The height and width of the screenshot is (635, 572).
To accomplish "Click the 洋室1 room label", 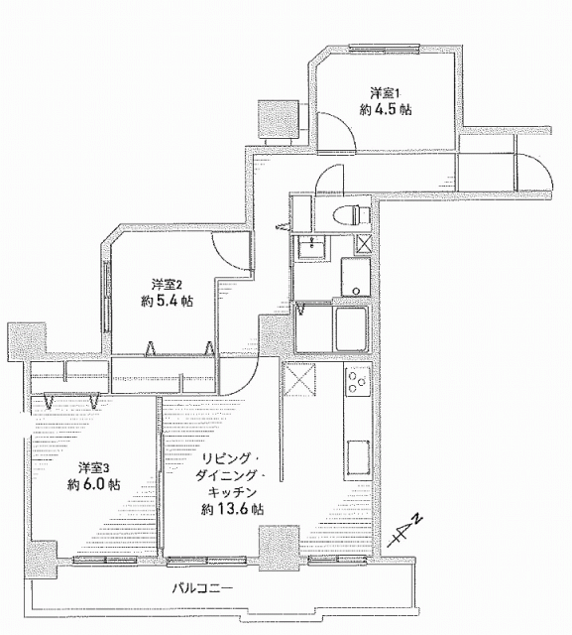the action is pos(385,93).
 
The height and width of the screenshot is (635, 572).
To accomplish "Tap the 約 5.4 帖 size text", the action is pos(168,301).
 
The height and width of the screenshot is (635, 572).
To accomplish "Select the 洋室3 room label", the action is pos(94,468).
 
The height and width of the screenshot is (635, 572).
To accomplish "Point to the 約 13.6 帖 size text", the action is pos(233,509).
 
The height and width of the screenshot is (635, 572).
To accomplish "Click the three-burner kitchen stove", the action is pos(357,381).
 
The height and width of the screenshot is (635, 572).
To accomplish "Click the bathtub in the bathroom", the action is pos(350,328).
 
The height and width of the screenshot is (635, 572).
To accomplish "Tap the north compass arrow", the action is pos(404,531).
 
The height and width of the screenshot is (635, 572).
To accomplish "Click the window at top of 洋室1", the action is pos(385,50).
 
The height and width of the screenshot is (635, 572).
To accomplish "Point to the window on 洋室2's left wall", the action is pos(107,298).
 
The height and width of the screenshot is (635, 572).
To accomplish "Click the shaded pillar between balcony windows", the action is pos(280,547).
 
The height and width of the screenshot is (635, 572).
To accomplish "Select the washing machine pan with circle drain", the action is pos(356,277).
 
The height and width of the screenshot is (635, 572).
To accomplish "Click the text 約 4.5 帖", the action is pos(386,109).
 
